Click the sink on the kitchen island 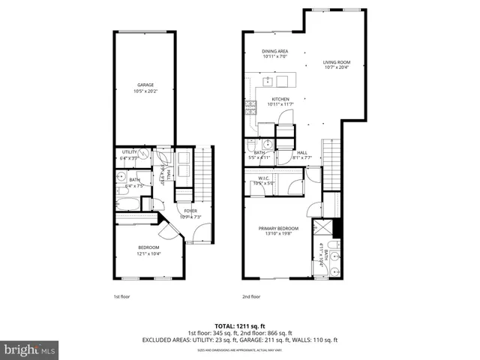click(268, 81)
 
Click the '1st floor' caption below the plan click(121, 297)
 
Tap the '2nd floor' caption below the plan click(251, 297)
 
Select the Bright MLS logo click(30, 349)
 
